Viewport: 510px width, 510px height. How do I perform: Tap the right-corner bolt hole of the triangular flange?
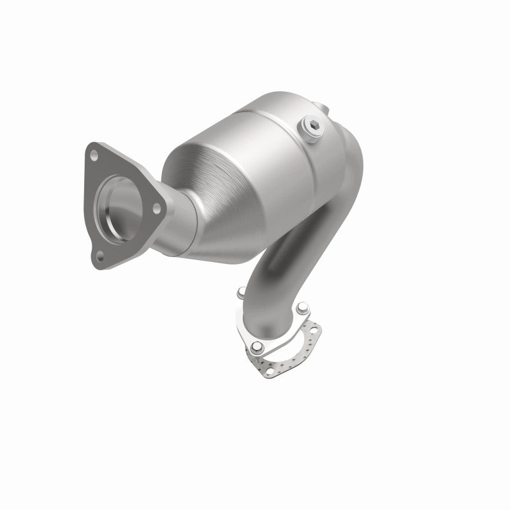[155, 207]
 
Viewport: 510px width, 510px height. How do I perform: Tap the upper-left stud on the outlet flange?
[240, 294]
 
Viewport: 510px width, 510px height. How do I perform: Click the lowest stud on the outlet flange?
[256, 347]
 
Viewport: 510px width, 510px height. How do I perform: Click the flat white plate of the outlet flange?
[252, 319]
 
